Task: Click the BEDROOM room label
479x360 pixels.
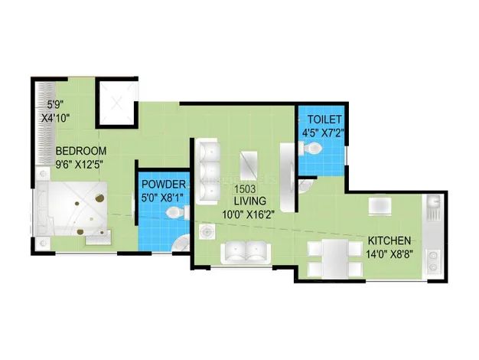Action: click(81, 151)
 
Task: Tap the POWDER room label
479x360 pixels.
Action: click(164, 185)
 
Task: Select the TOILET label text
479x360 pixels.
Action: click(324, 119)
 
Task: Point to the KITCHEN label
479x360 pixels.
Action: click(389, 241)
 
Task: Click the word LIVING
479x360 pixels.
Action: click(250, 201)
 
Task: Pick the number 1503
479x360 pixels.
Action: click(245, 189)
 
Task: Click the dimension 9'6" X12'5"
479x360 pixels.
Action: click(79, 165)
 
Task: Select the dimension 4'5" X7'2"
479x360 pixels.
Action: click(323, 133)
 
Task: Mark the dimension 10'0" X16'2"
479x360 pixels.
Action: click(247, 214)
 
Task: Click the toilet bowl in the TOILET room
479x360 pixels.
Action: click(311, 149)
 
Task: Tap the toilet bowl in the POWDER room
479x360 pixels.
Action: click(178, 212)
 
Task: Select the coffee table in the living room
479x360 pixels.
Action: click(249, 165)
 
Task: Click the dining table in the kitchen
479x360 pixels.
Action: click(335, 258)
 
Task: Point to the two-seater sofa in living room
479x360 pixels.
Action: click(246, 252)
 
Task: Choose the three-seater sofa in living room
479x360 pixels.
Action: click(208, 172)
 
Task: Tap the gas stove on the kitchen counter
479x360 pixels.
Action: click(433, 261)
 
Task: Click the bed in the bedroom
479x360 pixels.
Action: click(72, 208)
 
